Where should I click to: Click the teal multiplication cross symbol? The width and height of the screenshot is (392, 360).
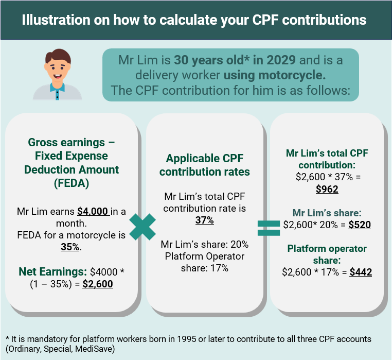tap(142, 227)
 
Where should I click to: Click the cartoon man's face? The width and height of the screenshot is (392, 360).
tap(57, 68)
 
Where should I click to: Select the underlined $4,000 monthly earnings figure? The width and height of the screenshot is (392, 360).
tap(94, 211)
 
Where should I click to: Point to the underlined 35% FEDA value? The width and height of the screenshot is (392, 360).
tap(71, 247)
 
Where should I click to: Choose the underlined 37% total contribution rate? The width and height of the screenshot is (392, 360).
tap(204, 220)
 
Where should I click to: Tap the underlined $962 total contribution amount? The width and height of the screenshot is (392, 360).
tap(327, 190)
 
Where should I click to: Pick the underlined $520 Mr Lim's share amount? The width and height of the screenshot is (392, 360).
tap(359, 225)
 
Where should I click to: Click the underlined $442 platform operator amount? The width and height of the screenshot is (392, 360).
tap(360, 272)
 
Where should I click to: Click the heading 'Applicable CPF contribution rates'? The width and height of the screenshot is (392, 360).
tap(204, 165)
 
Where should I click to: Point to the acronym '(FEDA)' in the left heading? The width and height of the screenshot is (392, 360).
tap(72, 182)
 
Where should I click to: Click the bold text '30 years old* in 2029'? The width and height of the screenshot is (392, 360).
tap(235, 59)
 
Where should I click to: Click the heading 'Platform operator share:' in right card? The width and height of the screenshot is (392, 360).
tap(327, 254)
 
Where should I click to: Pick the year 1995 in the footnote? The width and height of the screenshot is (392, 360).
tap(196, 339)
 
